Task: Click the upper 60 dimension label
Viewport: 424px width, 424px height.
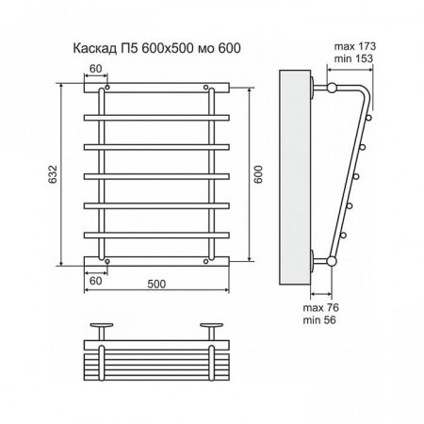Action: (95, 68)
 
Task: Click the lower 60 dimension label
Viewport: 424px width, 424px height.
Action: (95, 280)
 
